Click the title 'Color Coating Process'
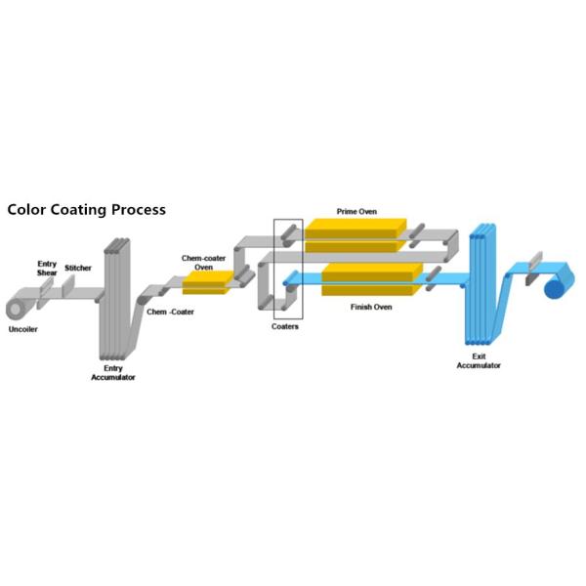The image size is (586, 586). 86,210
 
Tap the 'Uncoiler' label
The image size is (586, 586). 22,329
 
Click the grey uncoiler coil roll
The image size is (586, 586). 16,308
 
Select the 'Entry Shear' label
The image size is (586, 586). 47,269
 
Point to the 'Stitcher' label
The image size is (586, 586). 78,268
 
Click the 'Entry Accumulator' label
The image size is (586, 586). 113,373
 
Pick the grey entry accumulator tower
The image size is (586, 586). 116,298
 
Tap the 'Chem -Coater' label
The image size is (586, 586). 170,312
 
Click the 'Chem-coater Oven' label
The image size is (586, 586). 204,263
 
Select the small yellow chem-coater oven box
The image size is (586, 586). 207,283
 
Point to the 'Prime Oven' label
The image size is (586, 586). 356,212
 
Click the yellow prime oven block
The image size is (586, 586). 356,235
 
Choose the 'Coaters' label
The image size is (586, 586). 285,326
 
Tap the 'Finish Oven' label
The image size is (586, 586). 371,308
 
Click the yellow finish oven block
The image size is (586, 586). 372,279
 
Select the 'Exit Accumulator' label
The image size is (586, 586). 479,360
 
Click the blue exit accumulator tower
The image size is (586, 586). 482,284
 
